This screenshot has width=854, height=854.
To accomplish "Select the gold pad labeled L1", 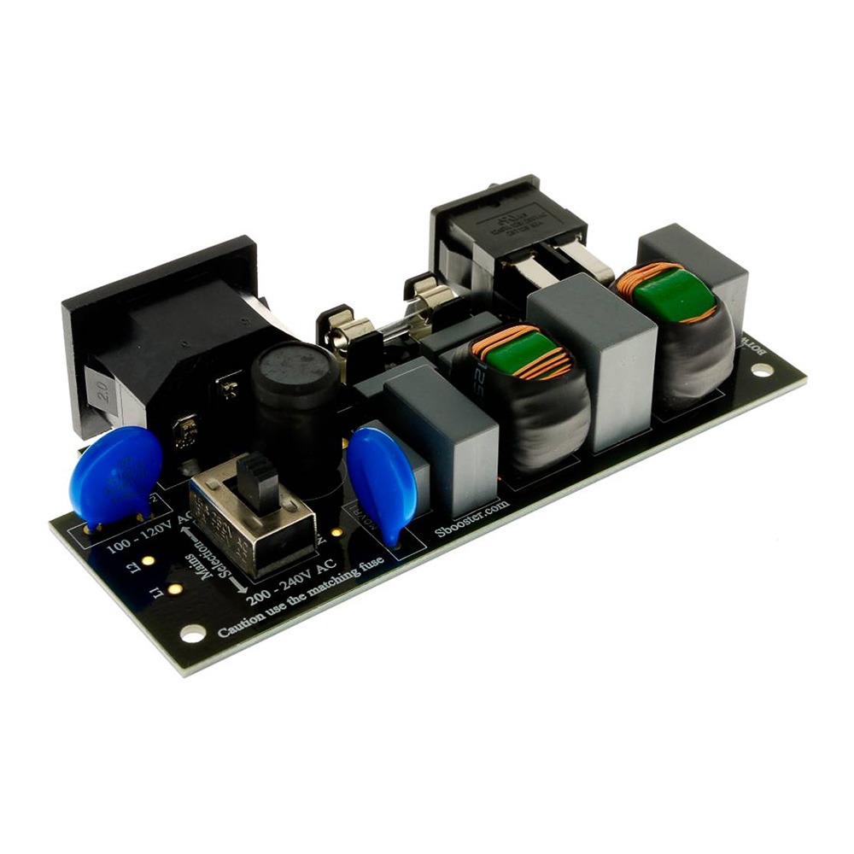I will (174, 588).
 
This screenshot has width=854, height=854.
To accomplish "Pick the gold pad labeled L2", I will (148, 561).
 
